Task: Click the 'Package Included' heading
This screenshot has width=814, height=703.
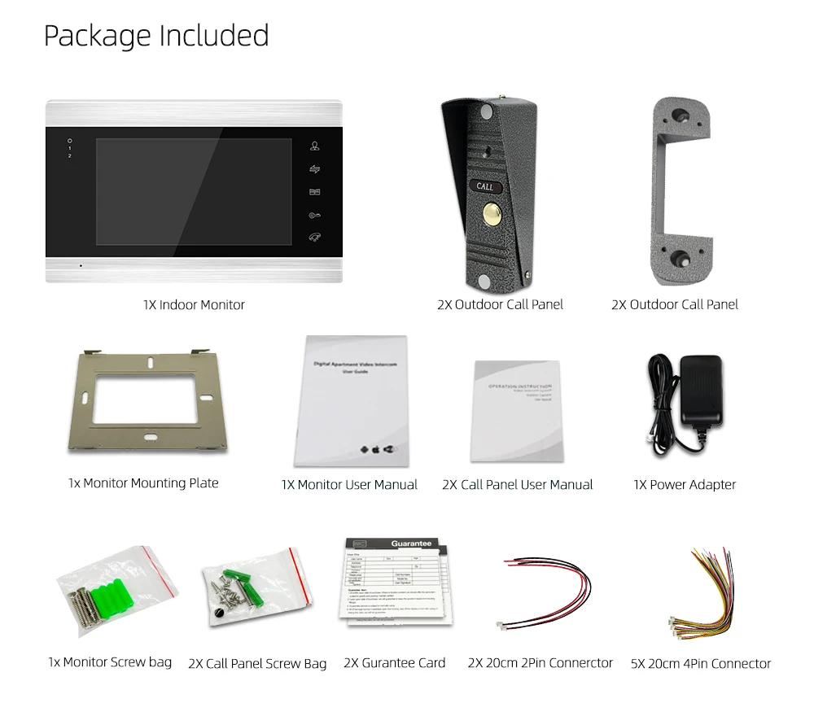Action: (155, 37)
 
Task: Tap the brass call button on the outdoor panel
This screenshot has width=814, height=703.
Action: (492, 217)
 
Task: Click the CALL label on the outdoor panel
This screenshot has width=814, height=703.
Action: (485, 186)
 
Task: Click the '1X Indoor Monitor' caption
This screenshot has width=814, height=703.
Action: (194, 305)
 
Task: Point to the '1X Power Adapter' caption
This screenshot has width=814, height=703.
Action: (685, 485)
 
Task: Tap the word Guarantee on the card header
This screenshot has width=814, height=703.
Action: (413, 543)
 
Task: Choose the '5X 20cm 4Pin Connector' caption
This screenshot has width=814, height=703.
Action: (701, 664)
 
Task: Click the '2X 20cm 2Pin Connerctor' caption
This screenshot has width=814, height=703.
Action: (540, 663)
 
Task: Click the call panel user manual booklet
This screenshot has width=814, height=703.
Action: (517, 411)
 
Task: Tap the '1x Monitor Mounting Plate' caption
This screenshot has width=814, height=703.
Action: (143, 483)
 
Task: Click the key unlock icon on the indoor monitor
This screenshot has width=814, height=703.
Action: (314, 216)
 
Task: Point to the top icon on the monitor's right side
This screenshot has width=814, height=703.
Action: (314, 147)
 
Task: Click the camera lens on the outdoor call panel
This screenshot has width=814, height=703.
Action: (487, 151)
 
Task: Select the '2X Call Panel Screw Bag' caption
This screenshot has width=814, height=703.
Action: (257, 664)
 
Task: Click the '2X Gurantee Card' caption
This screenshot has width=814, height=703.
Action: (395, 663)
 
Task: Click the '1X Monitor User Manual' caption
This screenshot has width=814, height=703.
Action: (349, 485)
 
